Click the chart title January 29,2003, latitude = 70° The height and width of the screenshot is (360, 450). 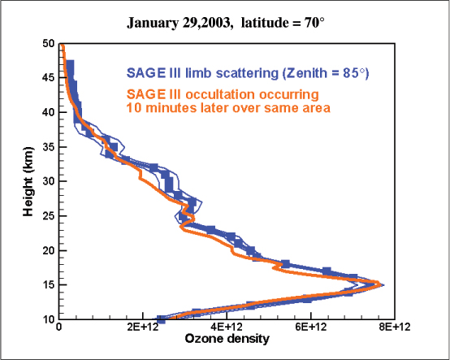click(x=226, y=23)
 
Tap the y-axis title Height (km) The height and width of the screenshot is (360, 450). click(x=28, y=181)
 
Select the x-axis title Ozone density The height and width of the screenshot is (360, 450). click(x=227, y=339)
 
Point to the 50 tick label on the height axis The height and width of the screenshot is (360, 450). click(x=49, y=44)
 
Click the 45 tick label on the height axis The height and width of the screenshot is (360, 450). click(x=49, y=78)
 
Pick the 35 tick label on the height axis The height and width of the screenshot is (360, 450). click(x=49, y=147)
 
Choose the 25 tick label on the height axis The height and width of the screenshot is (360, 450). click(x=49, y=216)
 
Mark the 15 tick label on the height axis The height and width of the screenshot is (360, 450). click(x=49, y=285)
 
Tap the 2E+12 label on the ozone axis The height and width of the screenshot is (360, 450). click(x=143, y=327)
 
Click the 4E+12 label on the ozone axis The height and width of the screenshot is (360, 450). click(x=227, y=327)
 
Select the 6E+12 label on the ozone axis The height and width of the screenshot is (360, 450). click(x=311, y=327)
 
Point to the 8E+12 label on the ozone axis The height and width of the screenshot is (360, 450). click(x=395, y=327)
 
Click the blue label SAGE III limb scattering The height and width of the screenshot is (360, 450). click(x=202, y=73)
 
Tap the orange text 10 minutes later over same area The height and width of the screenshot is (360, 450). click(x=228, y=108)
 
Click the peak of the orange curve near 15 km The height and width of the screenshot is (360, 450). click(x=380, y=284)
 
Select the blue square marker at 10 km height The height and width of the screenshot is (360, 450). click(x=161, y=319)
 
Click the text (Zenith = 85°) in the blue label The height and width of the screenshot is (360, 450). click(x=326, y=73)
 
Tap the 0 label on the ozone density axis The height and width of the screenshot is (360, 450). click(x=58, y=327)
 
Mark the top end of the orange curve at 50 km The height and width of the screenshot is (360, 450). click(x=63, y=45)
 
